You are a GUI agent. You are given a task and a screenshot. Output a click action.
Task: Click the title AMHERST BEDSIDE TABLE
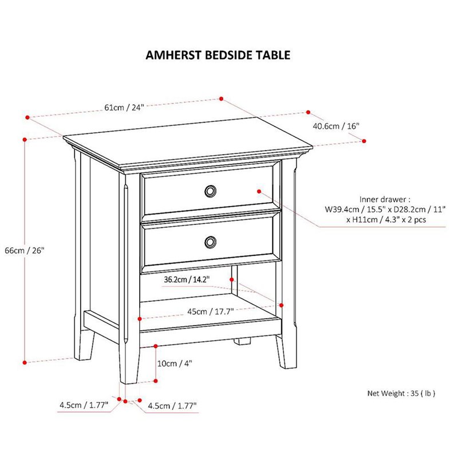coord(218,55)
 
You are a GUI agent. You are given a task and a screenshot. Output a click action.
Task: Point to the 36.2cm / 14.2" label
coord(187,279)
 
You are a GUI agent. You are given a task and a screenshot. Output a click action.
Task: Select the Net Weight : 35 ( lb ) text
coord(401,393)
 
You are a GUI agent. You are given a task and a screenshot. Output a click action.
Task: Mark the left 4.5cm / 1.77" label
coord(84,405)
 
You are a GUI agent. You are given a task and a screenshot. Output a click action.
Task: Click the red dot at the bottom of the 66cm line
coord(25,361)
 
